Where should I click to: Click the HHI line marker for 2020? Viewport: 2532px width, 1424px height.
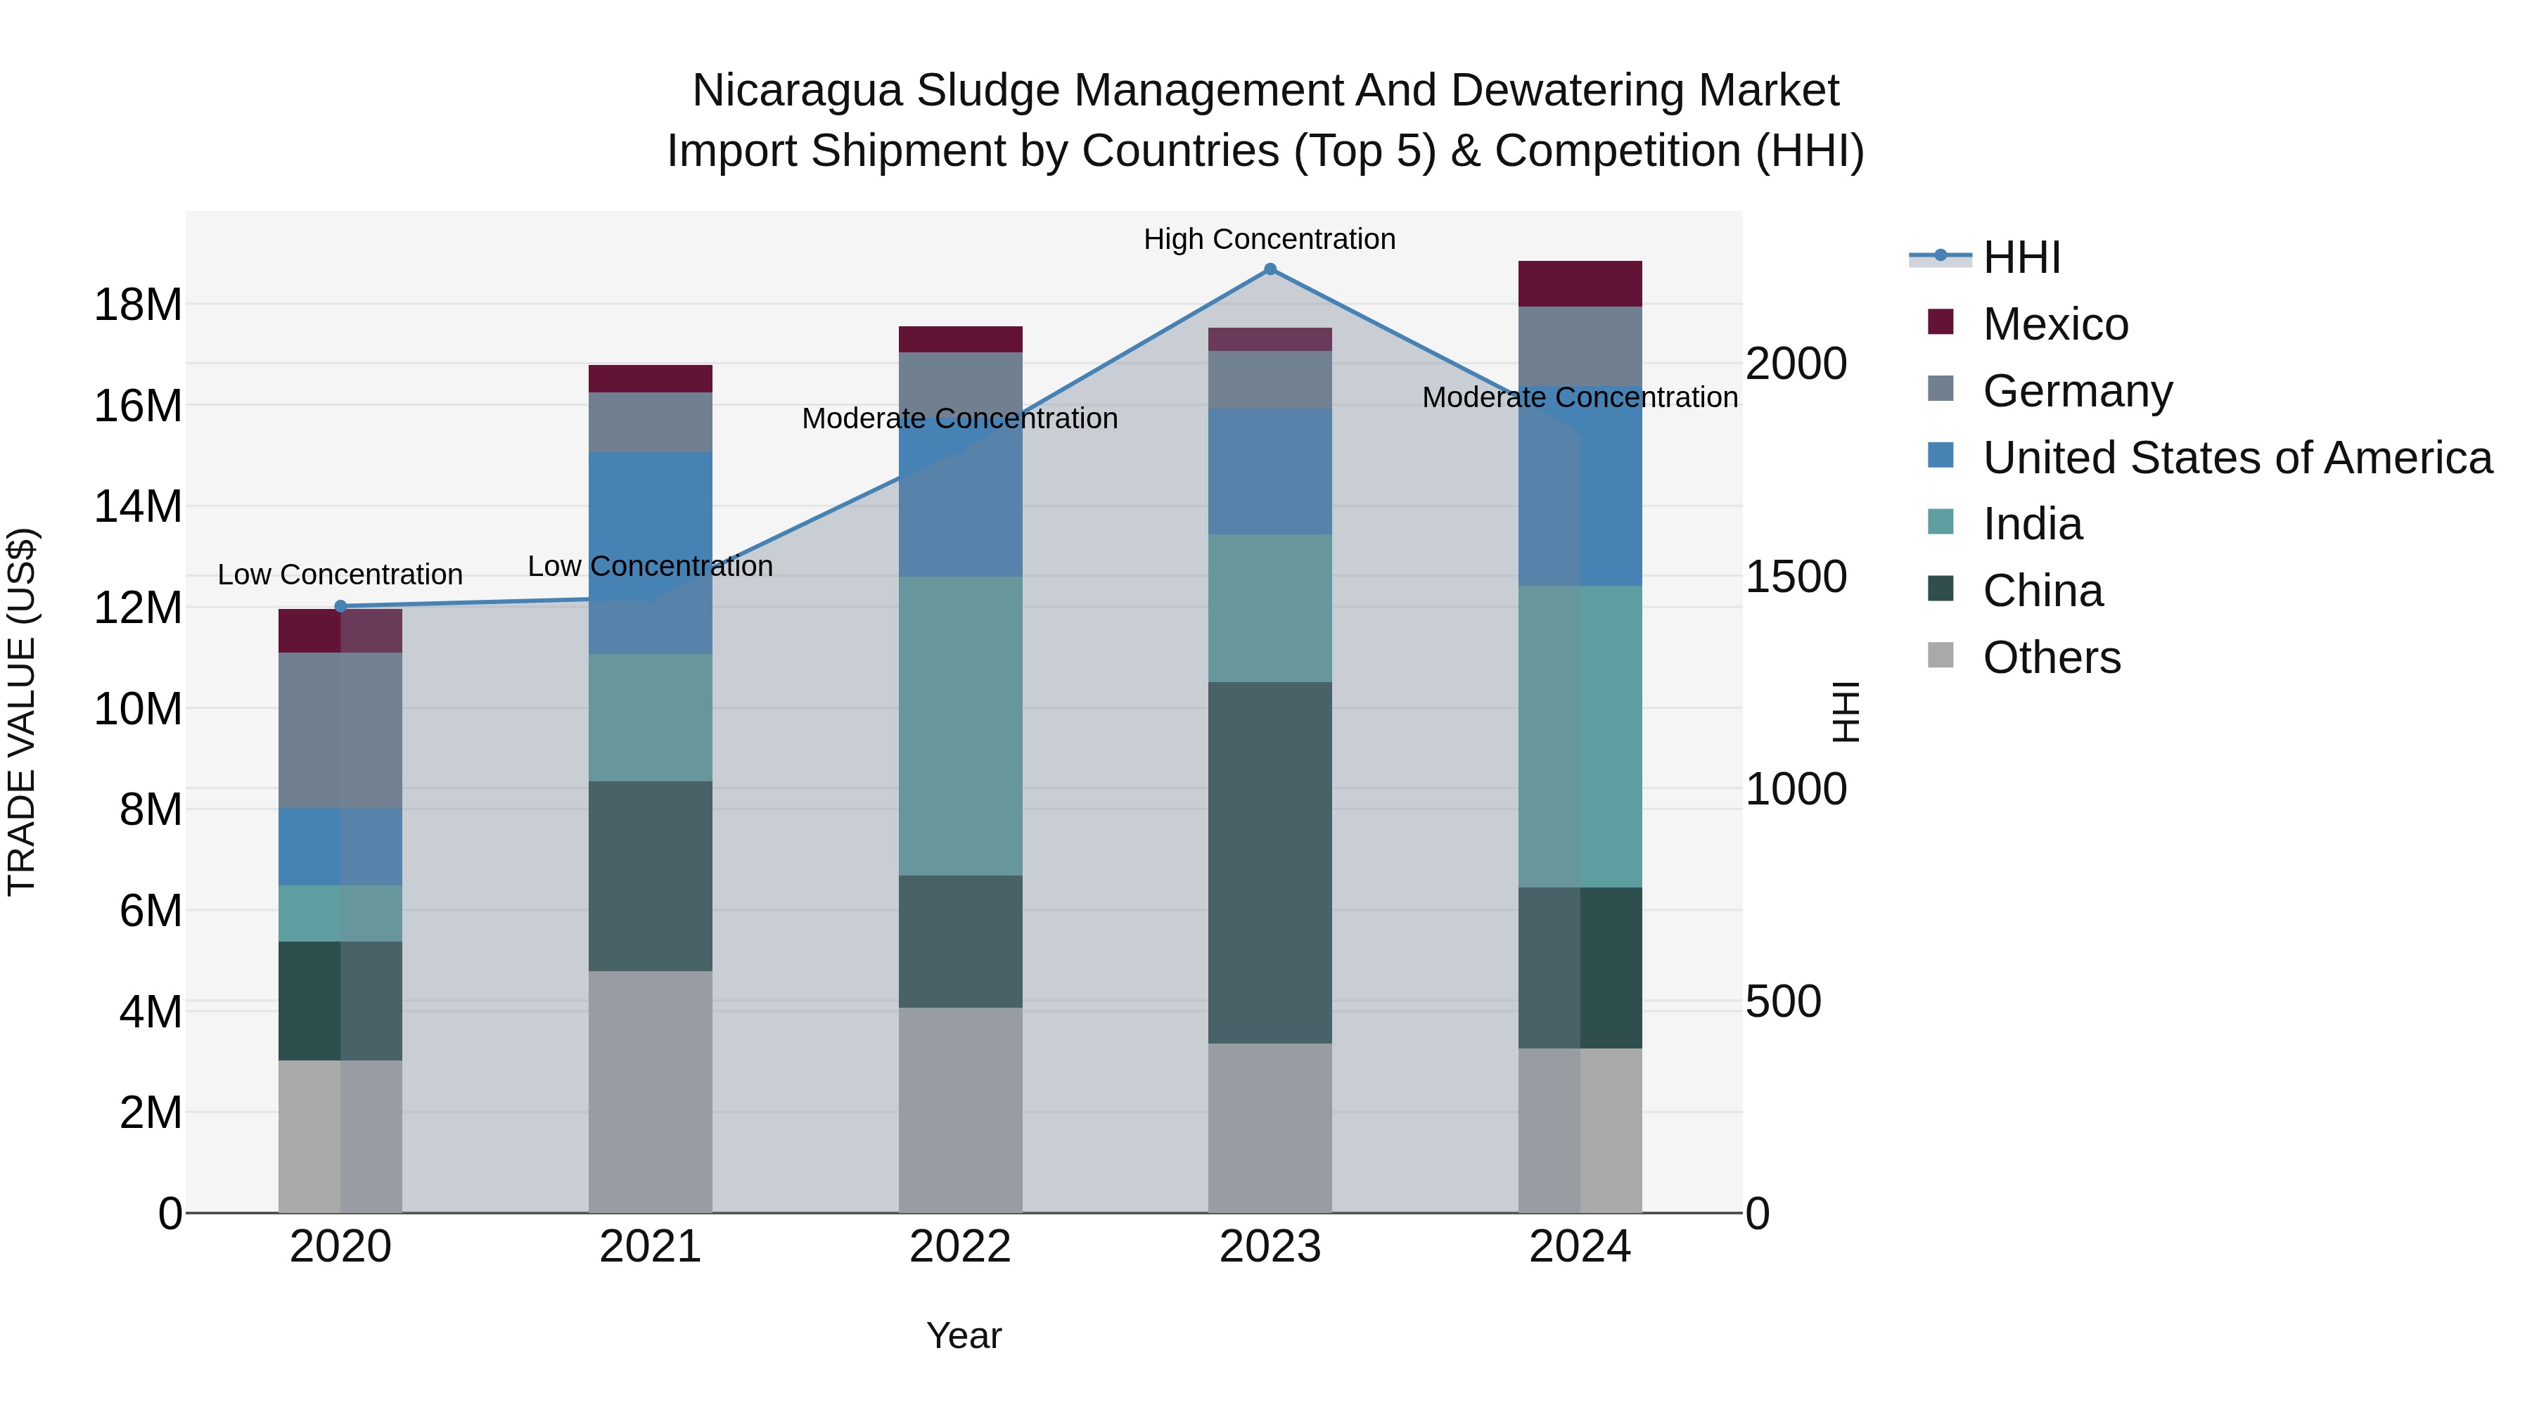coord(340,606)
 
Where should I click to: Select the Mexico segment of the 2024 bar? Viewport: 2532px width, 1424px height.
coord(1580,284)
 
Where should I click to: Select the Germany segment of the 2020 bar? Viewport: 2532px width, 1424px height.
coord(340,730)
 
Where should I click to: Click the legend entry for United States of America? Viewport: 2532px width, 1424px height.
coord(2236,458)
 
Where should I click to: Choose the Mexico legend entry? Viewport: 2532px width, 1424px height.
coord(2054,324)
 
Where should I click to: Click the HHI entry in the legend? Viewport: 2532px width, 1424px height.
coord(2021,257)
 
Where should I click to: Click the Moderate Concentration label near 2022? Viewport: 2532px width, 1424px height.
coord(959,418)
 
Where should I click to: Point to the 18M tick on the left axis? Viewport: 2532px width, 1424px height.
coord(138,304)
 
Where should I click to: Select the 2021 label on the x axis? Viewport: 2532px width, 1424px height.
coord(650,1247)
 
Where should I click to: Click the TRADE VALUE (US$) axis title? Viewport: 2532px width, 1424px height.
coord(22,712)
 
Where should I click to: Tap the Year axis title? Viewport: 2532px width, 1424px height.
coord(964,1335)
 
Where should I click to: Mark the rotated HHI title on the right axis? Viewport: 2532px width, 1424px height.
coord(1846,712)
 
